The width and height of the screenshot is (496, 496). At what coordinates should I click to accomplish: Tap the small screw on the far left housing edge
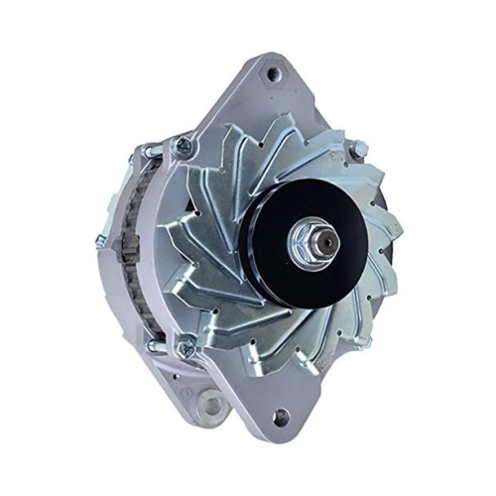(99, 240)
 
